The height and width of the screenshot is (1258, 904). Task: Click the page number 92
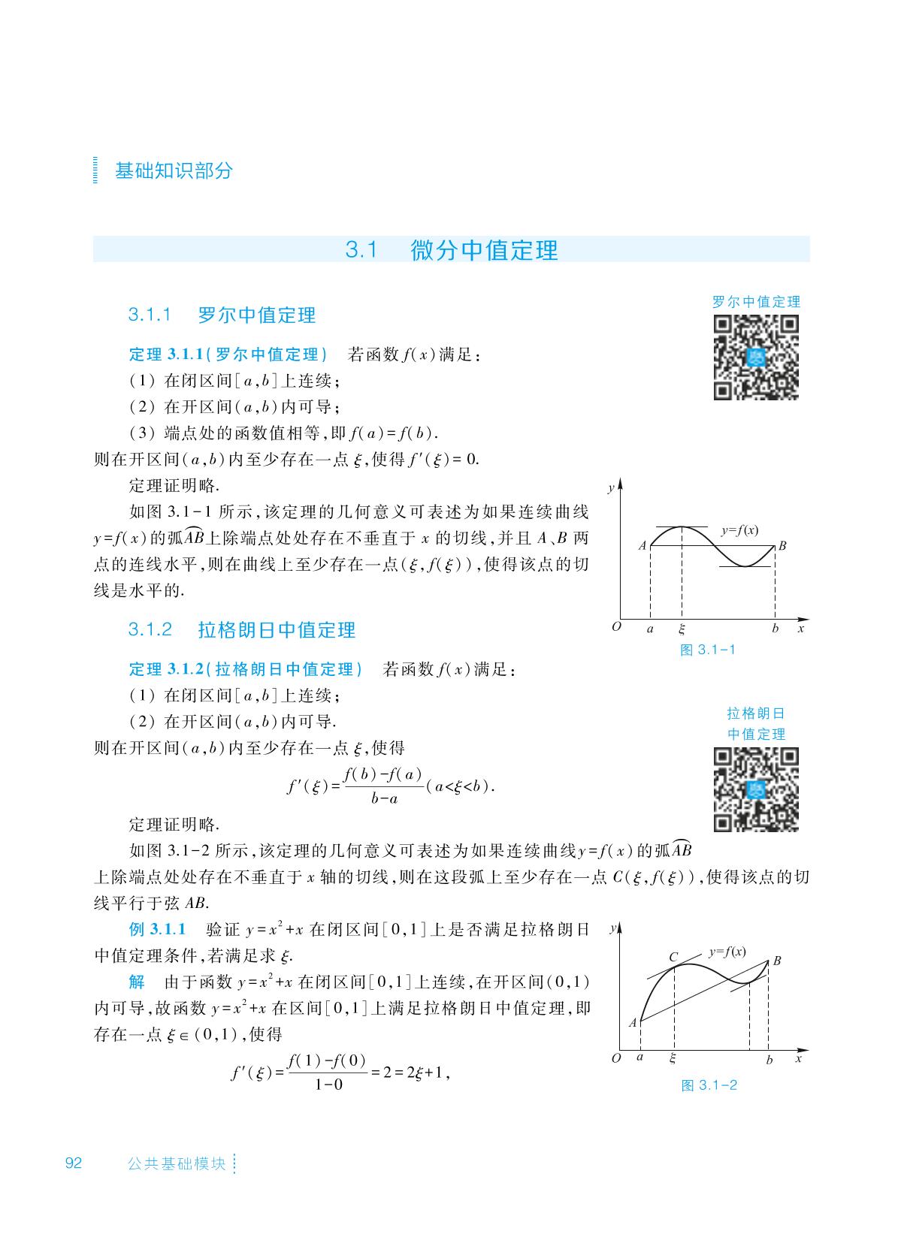[73, 1163]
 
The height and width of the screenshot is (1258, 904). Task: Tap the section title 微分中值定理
[484, 250]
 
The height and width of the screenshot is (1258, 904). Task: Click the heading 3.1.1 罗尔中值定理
[222, 315]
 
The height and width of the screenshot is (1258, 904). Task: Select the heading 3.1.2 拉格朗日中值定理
[241, 629]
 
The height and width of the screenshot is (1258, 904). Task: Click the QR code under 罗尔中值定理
[755, 357]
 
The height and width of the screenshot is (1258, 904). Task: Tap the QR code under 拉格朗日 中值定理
[755, 789]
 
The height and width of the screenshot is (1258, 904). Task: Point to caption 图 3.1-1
[707, 650]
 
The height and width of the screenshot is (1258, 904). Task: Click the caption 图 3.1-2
[709, 1085]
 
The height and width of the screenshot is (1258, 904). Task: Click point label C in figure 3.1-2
[673, 957]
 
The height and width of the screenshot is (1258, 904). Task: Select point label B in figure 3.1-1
[782, 546]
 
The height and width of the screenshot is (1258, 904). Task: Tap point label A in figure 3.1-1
[642, 546]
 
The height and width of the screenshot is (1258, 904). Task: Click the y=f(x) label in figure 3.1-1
[739, 529]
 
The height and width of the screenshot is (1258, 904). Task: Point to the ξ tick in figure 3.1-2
[673, 1058]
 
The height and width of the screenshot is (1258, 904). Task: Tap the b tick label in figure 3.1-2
[769, 1060]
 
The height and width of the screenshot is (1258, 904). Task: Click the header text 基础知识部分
[174, 170]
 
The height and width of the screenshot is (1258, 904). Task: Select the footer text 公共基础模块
[177, 1164]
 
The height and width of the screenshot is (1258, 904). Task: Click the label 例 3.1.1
[157, 930]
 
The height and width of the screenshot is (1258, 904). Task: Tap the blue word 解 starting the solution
[136, 982]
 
